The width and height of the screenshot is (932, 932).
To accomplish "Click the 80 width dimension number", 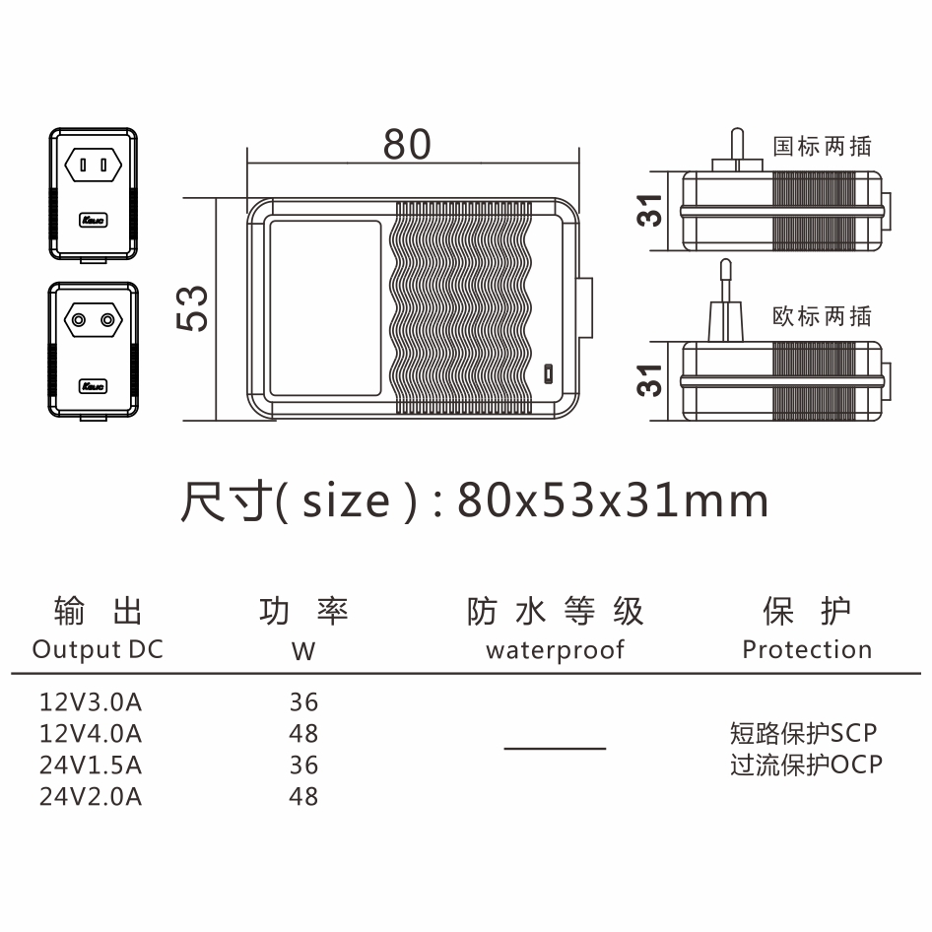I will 407,144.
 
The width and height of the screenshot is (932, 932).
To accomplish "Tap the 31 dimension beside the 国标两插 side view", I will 651,210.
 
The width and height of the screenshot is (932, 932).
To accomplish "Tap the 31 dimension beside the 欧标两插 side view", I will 651,379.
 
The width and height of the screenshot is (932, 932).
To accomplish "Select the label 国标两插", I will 822,146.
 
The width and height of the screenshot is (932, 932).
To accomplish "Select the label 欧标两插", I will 822,316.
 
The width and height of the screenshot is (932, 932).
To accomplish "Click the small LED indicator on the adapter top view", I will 548,374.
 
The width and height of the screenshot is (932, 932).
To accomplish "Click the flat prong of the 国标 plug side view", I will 733,149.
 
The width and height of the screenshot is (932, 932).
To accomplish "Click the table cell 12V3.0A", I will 91,702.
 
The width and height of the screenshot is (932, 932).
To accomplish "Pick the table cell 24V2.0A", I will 91,795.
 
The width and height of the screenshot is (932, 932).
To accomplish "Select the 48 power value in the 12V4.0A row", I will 304,734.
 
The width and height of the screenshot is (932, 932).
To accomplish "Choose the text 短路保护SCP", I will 803,734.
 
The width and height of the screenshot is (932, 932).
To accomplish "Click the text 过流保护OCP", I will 806,765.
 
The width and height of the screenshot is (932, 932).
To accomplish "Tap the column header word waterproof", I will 555,650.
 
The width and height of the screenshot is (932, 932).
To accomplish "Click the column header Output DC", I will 98,650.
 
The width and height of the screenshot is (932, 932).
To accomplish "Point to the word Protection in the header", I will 807,650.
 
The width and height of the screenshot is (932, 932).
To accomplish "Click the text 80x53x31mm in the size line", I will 613,501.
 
